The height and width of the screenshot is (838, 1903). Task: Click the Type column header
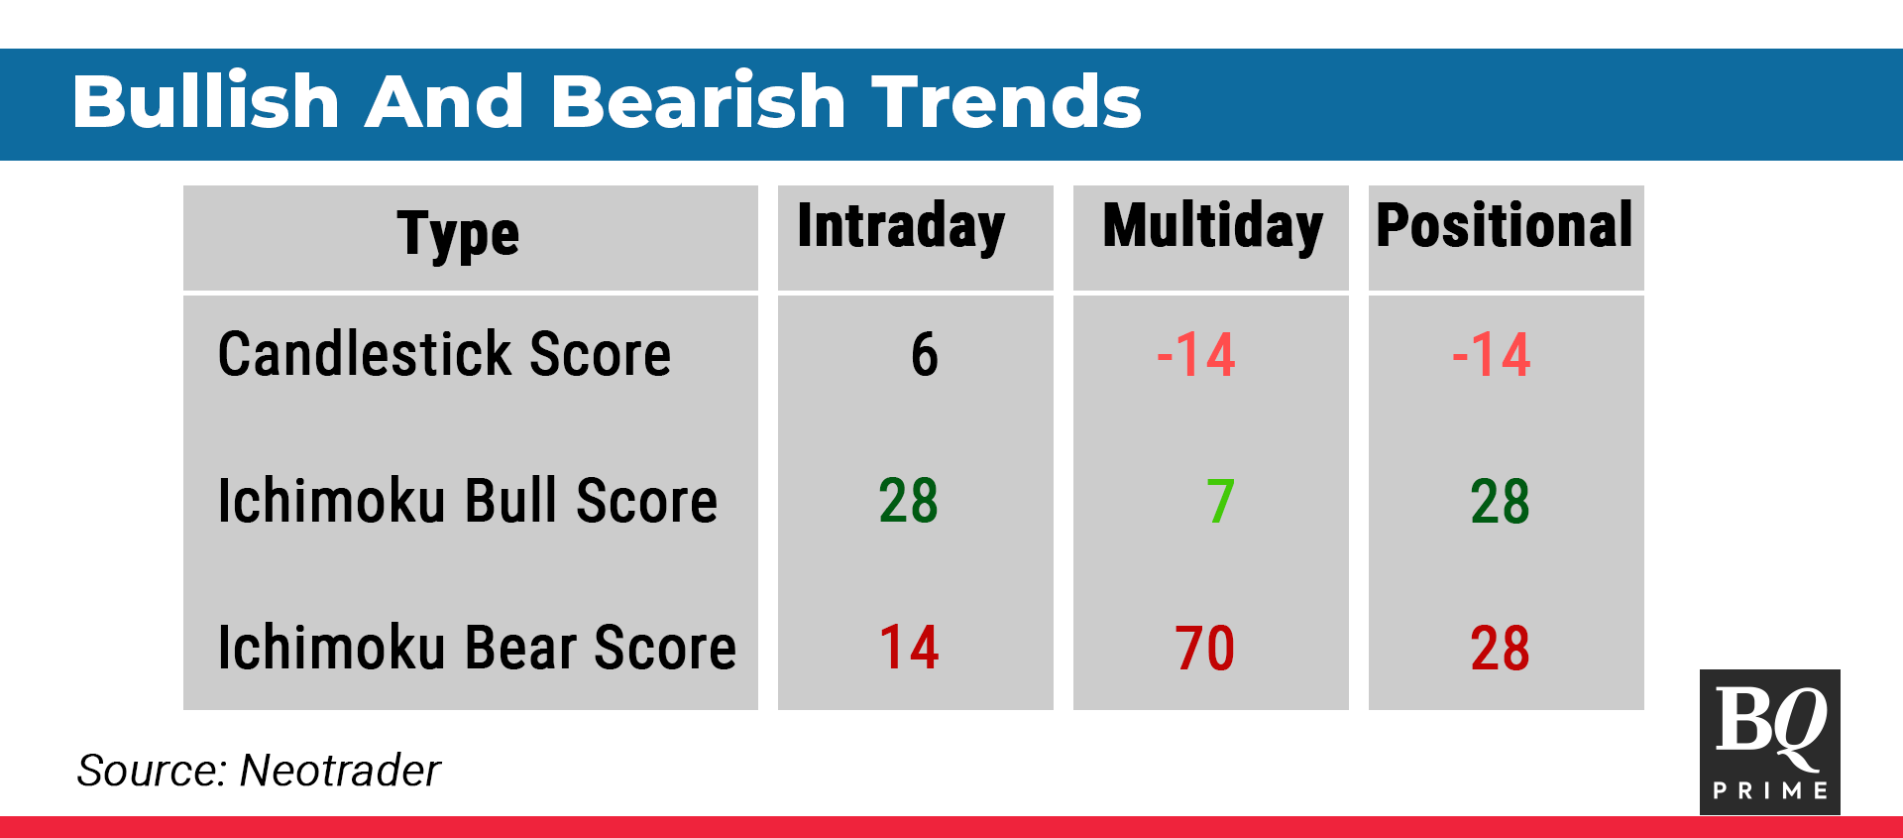(458, 235)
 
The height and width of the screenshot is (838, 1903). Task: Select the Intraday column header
(901, 227)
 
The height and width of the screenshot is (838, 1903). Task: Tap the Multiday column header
(1212, 227)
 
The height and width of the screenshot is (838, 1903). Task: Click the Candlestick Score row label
(444, 354)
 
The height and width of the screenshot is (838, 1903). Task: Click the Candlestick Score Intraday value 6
(925, 354)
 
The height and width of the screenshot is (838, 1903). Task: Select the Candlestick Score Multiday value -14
(1196, 354)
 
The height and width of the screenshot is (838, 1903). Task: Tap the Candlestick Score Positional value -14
(1492, 354)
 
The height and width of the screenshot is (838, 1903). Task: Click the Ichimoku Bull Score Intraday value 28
(909, 501)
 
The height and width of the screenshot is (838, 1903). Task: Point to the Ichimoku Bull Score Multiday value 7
(1221, 501)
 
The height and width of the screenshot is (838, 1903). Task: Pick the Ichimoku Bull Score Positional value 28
(1501, 501)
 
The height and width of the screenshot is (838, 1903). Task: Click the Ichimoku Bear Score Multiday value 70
(1205, 648)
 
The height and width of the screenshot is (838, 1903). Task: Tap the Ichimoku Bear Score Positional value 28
(1501, 648)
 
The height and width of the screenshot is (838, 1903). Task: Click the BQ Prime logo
(1770, 742)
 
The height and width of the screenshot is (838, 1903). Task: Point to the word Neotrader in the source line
(340, 771)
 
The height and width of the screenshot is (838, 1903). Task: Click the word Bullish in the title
(206, 101)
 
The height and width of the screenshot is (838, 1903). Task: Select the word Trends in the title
(1007, 101)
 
